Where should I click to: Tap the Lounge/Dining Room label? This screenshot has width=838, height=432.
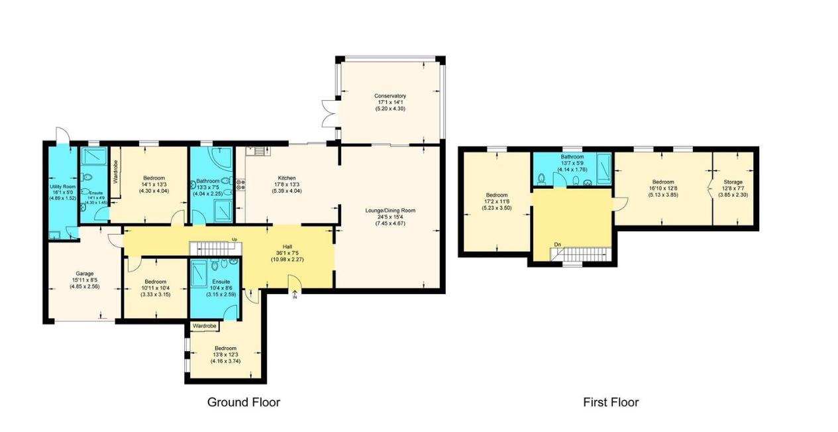(390, 211)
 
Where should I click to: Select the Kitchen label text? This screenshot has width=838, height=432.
(286, 178)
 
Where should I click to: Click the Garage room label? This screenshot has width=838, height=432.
(83, 273)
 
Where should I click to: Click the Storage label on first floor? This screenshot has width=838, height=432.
(733, 182)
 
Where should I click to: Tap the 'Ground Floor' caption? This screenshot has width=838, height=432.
(244, 402)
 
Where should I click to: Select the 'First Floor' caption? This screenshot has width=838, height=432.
(611, 402)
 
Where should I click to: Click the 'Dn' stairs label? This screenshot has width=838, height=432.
(558, 244)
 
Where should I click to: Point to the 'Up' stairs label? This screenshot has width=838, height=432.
(234, 240)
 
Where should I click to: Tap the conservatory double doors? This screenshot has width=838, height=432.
(329, 112)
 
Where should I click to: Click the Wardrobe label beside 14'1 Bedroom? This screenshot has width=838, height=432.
(115, 172)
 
